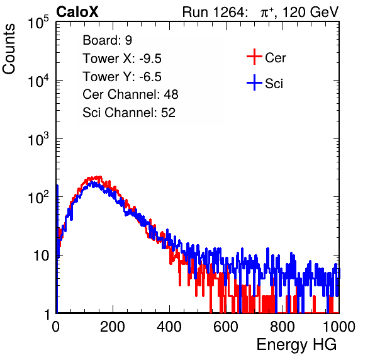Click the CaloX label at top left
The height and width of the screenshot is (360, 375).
pyautogui.click(x=77, y=12)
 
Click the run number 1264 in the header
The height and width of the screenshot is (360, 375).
pyautogui.click(x=229, y=12)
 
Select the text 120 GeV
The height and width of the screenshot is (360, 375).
pyautogui.click(x=310, y=12)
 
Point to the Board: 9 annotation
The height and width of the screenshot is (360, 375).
pyautogui.click(x=108, y=40)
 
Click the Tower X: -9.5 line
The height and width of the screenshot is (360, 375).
pyautogui.click(x=122, y=59)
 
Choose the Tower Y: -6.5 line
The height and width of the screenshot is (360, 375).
pyautogui.click(x=122, y=77)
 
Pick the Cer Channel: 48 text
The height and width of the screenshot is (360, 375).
pyautogui.click(x=130, y=94)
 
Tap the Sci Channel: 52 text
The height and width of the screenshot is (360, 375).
pyautogui.click(x=129, y=113)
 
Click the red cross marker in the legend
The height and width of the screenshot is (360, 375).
pyautogui.click(x=254, y=57)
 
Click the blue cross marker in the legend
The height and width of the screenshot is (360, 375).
pyautogui.click(x=254, y=82)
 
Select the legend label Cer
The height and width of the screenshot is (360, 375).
pyautogui.click(x=275, y=58)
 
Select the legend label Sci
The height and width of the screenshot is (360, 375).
pyautogui.click(x=274, y=84)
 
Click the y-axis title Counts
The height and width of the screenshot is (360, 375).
pyautogui.click(x=9, y=49)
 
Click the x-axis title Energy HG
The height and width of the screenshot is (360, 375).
pyautogui.click(x=296, y=345)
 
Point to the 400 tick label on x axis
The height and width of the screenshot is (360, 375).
pyautogui.click(x=169, y=327)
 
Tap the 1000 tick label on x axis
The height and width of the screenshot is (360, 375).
pyautogui.click(x=339, y=327)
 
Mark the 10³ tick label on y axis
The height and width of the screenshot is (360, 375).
pyautogui.click(x=38, y=139)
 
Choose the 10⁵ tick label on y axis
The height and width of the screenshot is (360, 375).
pyautogui.click(x=38, y=22)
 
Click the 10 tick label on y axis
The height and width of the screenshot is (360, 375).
pyautogui.click(x=41, y=256)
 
